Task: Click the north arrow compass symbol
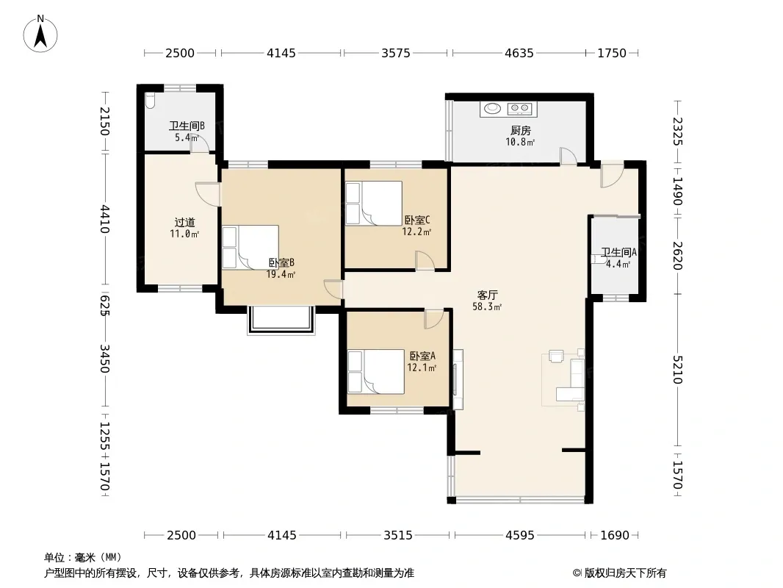[40, 34]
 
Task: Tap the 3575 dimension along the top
[395, 53]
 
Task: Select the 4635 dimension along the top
[519, 53]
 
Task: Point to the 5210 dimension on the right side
[678, 369]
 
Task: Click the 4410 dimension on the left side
[104, 219]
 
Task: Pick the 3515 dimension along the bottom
[398, 535]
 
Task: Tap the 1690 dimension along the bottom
[615, 535]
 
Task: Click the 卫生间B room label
[187, 126]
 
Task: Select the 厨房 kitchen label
[520, 131]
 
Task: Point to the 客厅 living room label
[488, 295]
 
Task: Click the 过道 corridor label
[185, 222]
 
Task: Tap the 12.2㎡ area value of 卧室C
[416, 232]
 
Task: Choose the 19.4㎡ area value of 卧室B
[281, 274]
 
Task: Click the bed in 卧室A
[376, 372]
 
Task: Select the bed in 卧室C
[374, 204]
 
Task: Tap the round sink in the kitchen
[493, 108]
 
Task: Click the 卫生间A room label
[618, 252]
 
